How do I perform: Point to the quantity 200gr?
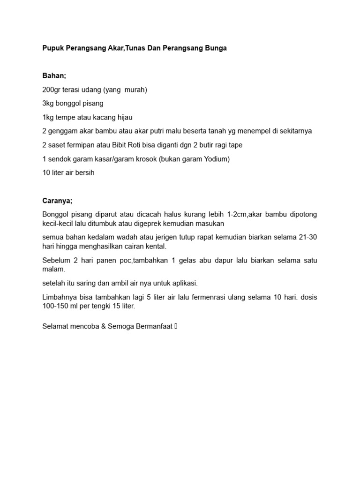[x=51, y=90]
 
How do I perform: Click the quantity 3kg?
[x=48, y=104]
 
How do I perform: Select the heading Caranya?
[x=58, y=201]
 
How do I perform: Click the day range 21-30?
[x=307, y=237]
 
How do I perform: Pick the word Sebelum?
[x=56, y=260]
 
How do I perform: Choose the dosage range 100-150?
[x=58, y=306]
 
